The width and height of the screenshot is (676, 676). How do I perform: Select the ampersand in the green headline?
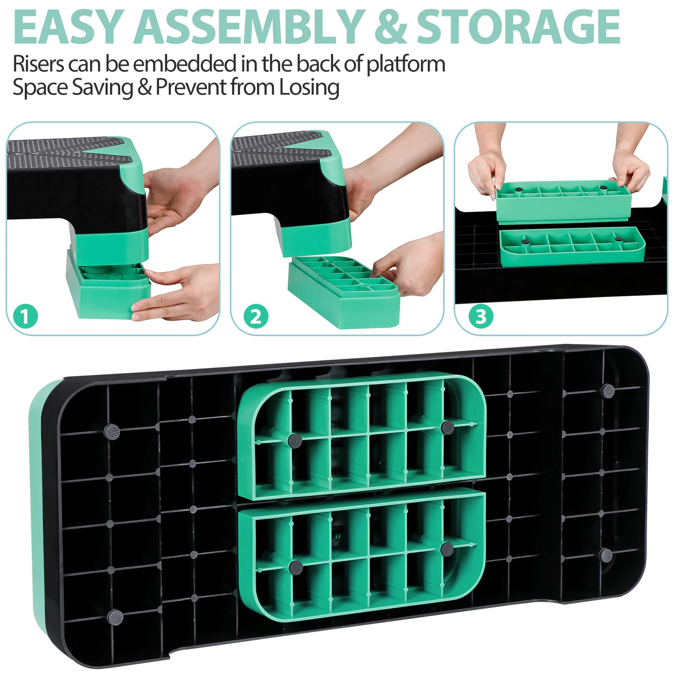coord(391,27)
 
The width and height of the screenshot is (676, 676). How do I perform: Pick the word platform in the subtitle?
coord(406,65)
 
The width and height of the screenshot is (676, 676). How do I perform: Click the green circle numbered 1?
coord(26,316)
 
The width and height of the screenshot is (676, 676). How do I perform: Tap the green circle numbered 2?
coord(256,316)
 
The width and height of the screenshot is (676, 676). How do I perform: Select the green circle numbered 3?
coord(481,316)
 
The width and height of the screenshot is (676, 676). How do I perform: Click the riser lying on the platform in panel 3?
coord(572,246)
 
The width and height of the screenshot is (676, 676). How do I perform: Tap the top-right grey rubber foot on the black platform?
coord(608,391)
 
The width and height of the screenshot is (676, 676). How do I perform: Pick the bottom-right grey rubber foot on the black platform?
coord(605,555)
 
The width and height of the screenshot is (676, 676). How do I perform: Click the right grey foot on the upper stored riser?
coord(447,427)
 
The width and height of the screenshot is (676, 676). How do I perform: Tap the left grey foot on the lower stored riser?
coord(296,567)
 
